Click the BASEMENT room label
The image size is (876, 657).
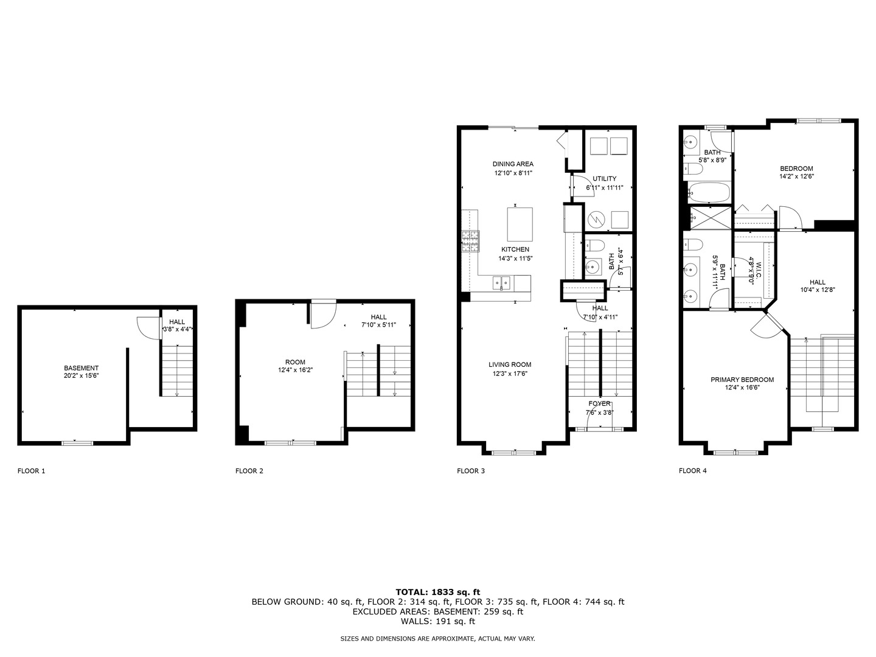click(x=81, y=368)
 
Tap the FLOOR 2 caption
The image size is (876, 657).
click(x=249, y=471)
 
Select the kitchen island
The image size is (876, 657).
click(x=520, y=224)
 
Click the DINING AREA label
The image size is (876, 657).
click(x=513, y=164)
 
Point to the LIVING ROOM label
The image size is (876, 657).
click(x=510, y=365)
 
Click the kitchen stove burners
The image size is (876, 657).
click(x=470, y=241)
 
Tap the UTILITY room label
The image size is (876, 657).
click(x=605, y=179)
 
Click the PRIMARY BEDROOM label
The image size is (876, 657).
click(x=742, y=380)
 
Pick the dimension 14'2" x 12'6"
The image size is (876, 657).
click(x=796, y=176)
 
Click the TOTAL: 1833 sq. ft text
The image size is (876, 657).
click(x=437, y=591)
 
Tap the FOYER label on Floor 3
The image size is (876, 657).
click(x=599, y=404)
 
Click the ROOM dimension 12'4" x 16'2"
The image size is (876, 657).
click(x=295, y=370)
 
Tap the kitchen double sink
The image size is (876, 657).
click(x=502, y=282)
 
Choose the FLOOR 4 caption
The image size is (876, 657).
click(x=692, y=471)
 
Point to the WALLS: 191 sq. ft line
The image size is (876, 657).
click(x=437, y=622)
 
